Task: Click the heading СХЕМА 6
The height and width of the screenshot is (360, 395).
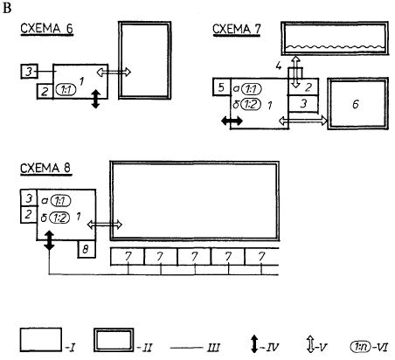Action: (46, 29)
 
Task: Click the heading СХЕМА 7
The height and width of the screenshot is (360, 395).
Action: (237, 29)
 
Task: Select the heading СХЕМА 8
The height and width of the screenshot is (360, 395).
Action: (45, 168)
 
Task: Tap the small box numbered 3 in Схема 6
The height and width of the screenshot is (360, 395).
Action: (30, 72)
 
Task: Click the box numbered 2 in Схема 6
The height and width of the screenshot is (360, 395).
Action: (45, 91)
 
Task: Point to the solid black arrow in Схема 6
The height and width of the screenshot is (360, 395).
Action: (96, 99)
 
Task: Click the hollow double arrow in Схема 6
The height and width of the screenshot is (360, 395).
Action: (114, 72)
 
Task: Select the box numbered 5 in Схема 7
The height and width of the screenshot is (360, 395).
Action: (222, 87)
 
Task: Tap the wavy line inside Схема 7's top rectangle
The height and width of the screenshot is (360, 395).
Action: (335, 47)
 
